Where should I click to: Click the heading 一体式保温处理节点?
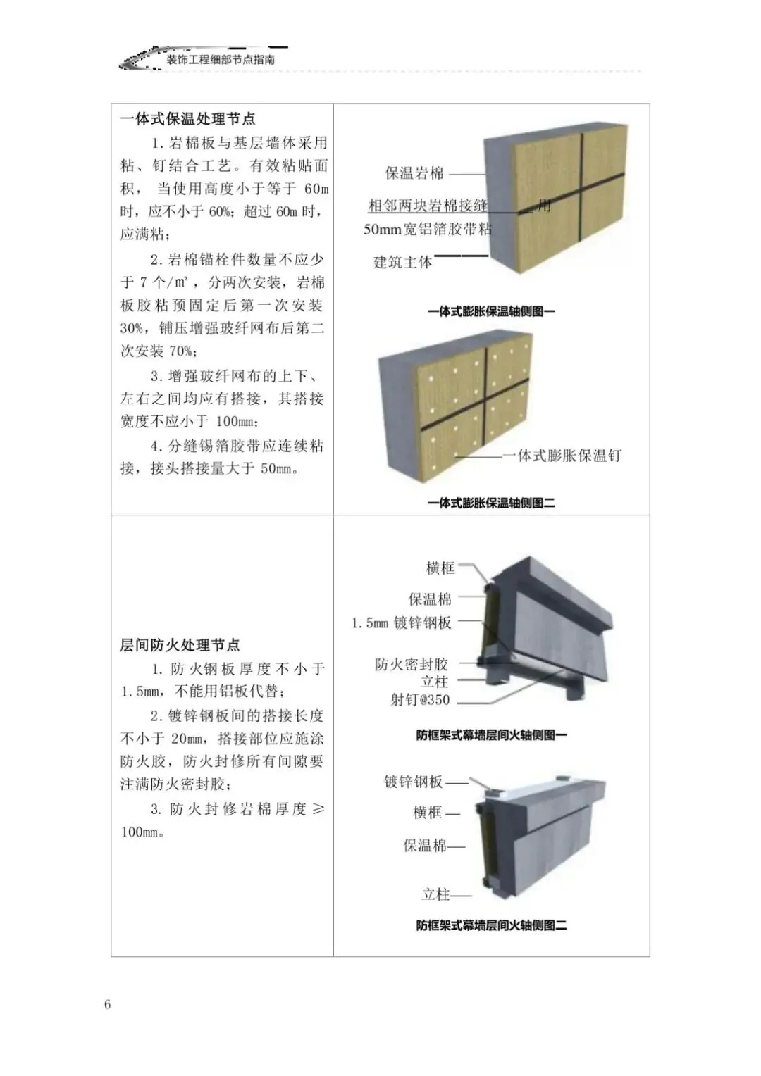(x=187, y=119)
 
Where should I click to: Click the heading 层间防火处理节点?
(x=180, y=645)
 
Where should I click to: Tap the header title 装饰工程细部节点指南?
(x=221, y=60)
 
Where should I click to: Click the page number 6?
(x=108, y=1004)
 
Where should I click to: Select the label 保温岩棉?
(x=414, y=173)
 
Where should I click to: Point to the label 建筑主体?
(x=402, y=263)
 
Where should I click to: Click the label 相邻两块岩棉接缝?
(x=428, y=206)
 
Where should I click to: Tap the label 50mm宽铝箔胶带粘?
(x=428, y=229)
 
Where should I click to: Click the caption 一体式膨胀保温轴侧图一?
(x=491, y=311)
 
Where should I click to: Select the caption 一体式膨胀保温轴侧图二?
(x=491, y=503)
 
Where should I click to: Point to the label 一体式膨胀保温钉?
(x=562, y=456)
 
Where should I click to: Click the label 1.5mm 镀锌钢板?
(x=402, y=623)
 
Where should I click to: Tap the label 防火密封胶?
(x=412, y=664)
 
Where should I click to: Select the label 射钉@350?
(x=420, y=700)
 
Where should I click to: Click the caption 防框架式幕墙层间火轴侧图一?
(x=491, y=735)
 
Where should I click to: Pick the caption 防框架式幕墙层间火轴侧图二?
(x=491, y=925)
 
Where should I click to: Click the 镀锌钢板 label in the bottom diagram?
(x=414, y=782)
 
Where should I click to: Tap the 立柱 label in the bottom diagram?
(x=435, y=894)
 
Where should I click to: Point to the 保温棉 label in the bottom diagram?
(x=425, y=846)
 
